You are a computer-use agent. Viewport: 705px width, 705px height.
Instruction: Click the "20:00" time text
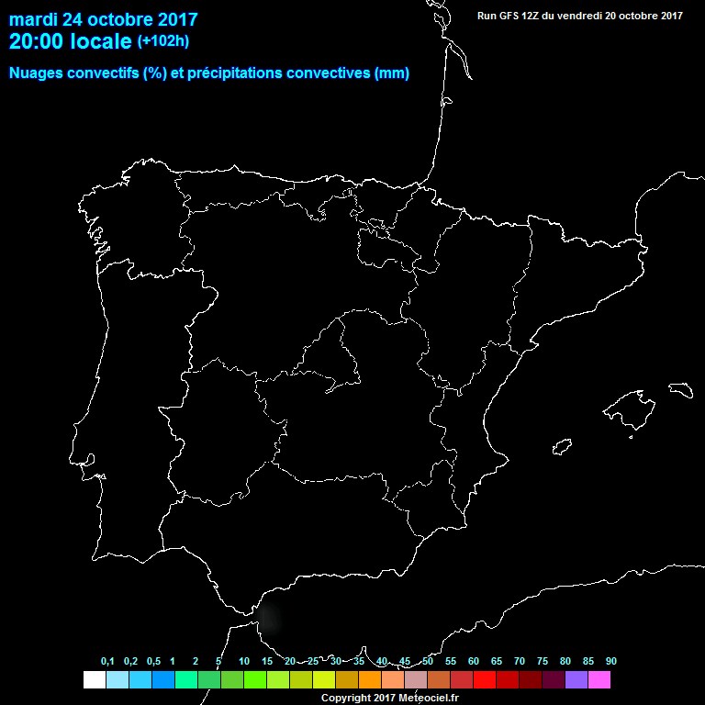pyautogui.click(x=36, y=40)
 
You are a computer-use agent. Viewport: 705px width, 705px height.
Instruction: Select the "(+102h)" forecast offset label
pyautogui.click(x=162, y=40)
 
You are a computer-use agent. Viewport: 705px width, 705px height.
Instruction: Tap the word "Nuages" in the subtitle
pyautogui.click(x=37, y=73)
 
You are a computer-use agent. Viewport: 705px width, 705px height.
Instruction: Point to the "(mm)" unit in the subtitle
pyautogui.click(x=392, y=73)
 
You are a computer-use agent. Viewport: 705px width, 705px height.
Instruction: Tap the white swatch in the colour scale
pyautogui.click(x=94, y=679)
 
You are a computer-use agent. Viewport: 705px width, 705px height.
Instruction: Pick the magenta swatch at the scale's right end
pyautogui.click(x=599, y=679)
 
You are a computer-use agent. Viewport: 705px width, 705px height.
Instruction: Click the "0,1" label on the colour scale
pyautogui.click(x=107, y=661)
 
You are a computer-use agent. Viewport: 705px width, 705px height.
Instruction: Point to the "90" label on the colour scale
pyautogui.click(x=610, y=661)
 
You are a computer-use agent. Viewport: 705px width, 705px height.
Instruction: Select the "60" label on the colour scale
pyautogui.click(x=473, y=661)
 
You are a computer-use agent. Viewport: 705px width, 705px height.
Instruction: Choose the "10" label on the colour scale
pyautogui.click(x=243, y=661)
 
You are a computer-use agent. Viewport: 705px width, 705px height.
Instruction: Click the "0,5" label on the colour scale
pyautogui.click(x=153, y=661)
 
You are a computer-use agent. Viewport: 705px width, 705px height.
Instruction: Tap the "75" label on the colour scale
pyautogui.click(x=542, y=661)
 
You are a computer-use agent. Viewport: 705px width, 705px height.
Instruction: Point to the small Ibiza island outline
pyautogui.click(x=558, y=447)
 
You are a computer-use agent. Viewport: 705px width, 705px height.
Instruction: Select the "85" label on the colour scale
pyautogui.click(x=587, y=661)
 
